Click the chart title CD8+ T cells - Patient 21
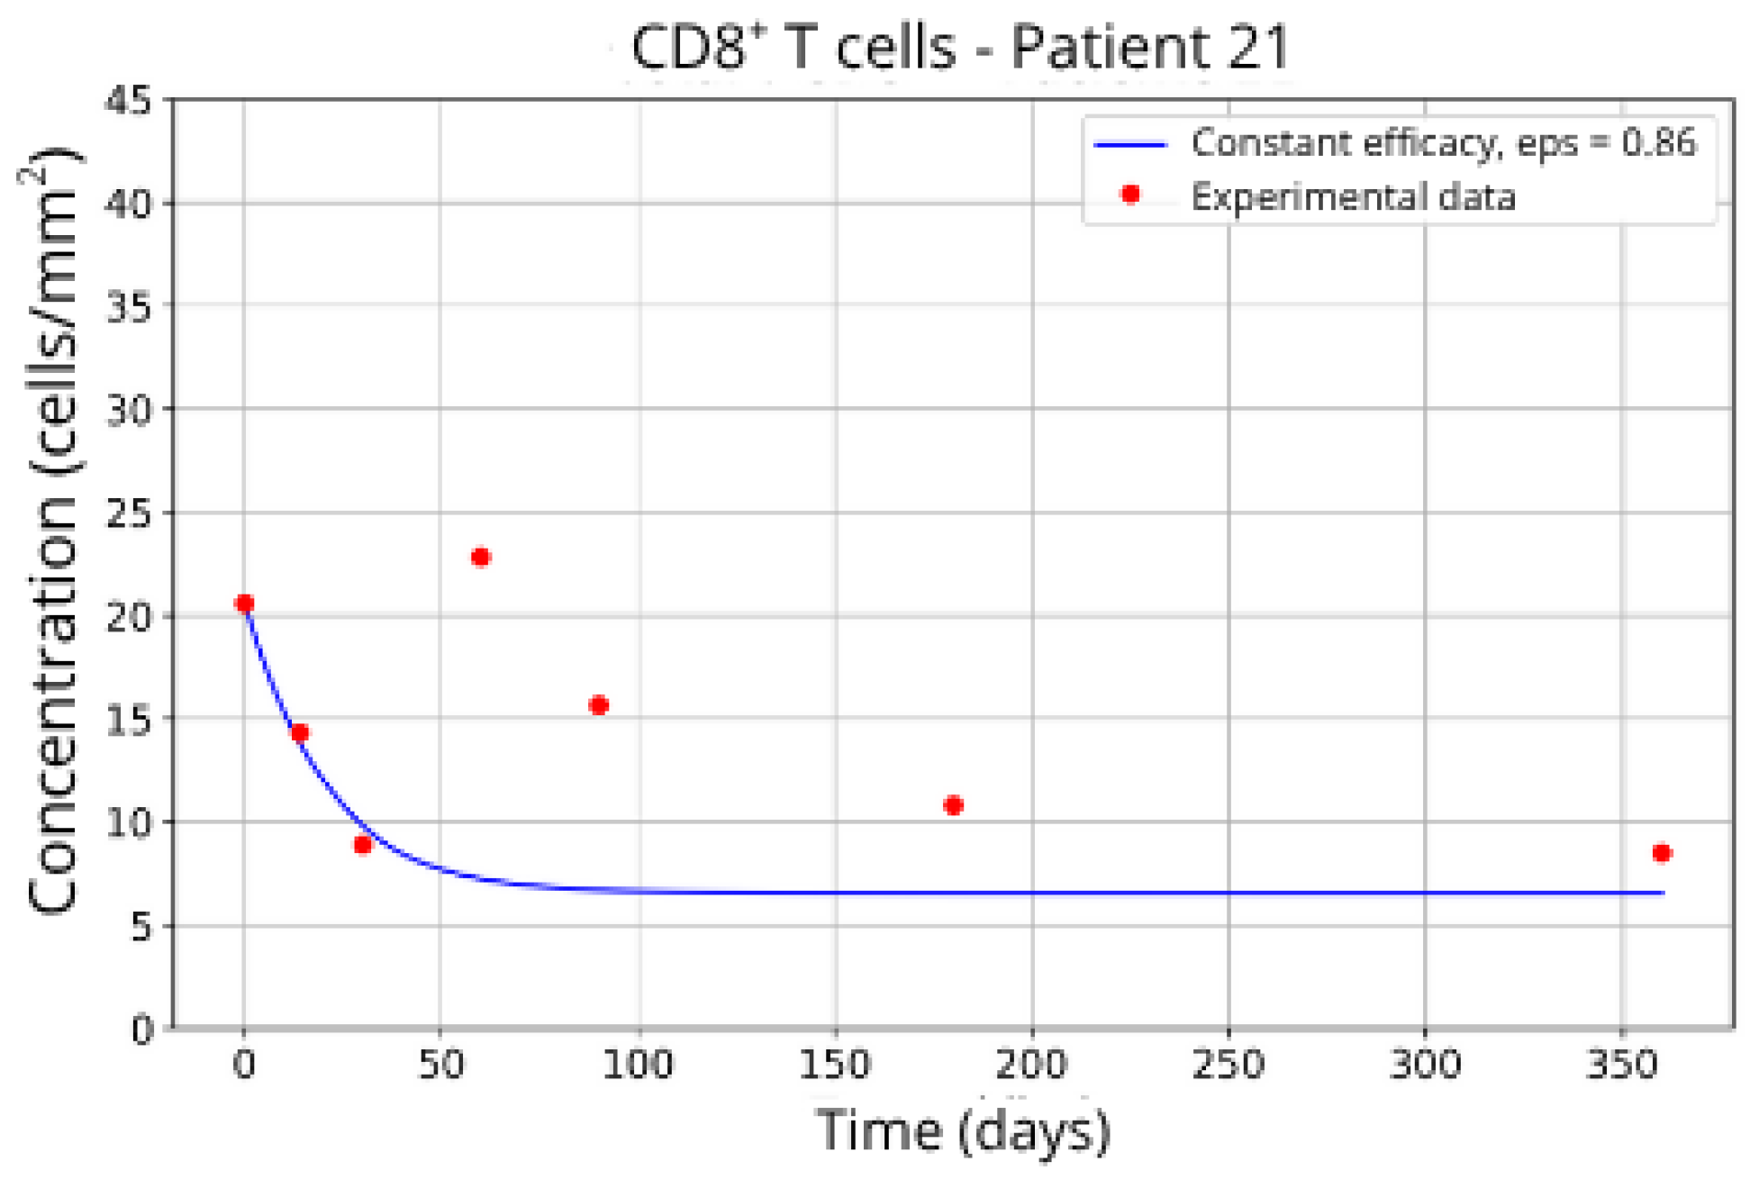(960, 47)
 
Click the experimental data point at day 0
(244, 603)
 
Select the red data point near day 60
(480, 557)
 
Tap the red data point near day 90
(599, 704)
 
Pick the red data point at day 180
(953, 804)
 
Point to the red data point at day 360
(1662, 852)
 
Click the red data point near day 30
(362, 844)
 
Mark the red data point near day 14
(300, 732)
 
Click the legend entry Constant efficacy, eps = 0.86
(1443, 143)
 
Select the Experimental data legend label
(1353, 197)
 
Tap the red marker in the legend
(1130, 194)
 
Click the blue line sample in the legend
(1130, 144)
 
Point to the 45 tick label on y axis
(129, 100)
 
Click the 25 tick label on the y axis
(129, 513)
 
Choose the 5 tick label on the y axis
(141, 926)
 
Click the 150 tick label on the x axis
(835, 1066)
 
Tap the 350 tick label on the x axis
(1621, 1066)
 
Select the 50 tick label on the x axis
(440, 1066)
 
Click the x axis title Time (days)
(962, 1130)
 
